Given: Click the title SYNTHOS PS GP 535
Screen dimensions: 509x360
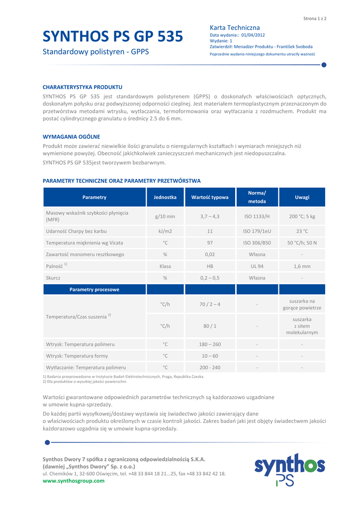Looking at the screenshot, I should [x=113, y=36].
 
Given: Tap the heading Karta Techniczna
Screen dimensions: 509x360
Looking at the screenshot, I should [x=235, y=27].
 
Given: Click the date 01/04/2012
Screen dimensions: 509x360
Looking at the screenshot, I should [x=253, y=35].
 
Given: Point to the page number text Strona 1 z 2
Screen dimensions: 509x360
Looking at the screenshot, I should [x=314, y=18].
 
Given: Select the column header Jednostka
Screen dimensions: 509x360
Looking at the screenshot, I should [x=165, y=197].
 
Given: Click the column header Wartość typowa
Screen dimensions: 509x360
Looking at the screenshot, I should [x=210, y=197].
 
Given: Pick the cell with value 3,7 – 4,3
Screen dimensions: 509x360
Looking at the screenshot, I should [x=210, y=217].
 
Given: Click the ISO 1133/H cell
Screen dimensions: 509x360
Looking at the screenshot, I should [x=257, y=217].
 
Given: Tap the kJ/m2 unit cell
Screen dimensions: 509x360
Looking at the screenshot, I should [x=165, y=231].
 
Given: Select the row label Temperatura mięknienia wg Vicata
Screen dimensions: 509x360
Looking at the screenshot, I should [x=85, y=243].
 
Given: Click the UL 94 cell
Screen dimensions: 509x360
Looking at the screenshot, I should [x=257, y=266].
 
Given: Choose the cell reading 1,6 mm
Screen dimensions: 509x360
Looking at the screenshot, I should [x=302, y=266].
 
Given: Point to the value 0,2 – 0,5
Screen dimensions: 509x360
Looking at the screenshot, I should [x=210, y=278].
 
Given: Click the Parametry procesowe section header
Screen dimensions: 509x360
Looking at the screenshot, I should [x=94, y=289].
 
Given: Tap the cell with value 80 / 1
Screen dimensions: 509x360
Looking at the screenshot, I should [x=210, y=326].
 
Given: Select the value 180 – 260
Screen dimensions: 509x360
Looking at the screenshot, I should [x=210, y=344].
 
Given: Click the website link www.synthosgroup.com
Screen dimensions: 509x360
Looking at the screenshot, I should [x=74, y=481].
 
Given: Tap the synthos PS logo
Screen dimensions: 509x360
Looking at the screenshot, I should [x=289, y=469].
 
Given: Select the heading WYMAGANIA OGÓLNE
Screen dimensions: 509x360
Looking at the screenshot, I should [x=72, y=136].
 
